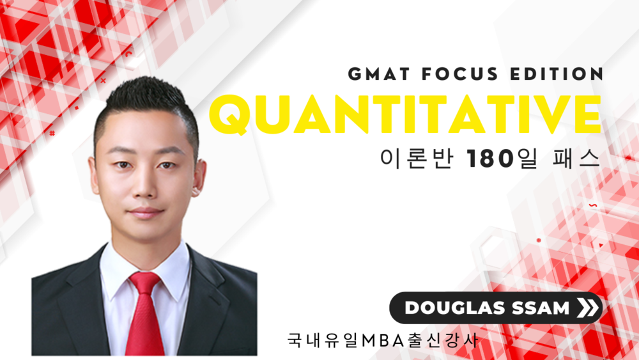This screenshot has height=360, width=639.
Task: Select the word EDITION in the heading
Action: point(557,74)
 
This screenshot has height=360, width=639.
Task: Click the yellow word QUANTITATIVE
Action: point(406,115)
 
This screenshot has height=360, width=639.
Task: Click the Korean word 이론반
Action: point(416,159)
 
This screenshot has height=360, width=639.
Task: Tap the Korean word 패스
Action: point(576,159)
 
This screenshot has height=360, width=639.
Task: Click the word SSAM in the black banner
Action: point(541,308)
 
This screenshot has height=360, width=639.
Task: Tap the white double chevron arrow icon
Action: point(588,308)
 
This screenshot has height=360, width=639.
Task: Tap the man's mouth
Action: point(144,212)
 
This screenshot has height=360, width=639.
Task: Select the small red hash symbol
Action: point(52,133)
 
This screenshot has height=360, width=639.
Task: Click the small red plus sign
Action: point(103,81)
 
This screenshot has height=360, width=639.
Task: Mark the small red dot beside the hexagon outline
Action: point(539,240)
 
